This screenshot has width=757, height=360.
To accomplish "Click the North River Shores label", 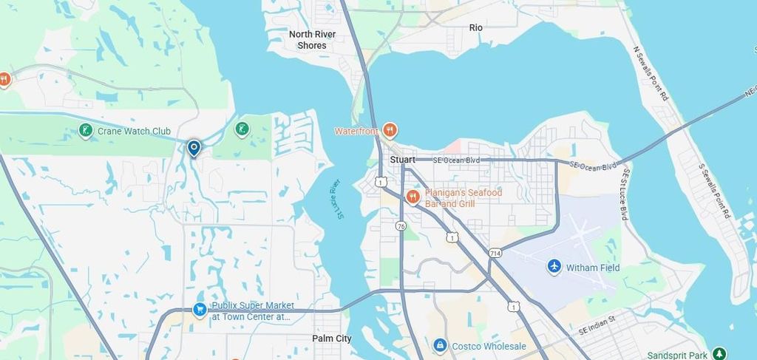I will point(312,40).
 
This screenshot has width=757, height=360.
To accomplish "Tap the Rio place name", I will point(475,27).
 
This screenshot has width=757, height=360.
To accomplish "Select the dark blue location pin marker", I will point(194,149).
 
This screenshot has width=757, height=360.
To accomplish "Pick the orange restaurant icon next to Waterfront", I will point(390,131).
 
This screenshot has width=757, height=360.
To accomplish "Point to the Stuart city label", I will point(403,160).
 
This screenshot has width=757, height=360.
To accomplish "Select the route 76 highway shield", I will point(400,225).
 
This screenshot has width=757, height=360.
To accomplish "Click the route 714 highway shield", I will point(495,253).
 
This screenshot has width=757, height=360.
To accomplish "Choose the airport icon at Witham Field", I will point(554,266).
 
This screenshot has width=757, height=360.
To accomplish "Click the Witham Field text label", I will point(594,268).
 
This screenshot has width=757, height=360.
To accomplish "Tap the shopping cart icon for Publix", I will point(200,310).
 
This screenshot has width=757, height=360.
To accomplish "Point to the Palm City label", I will point(332,339).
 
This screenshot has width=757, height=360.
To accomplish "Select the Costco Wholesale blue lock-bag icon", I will point(440,345).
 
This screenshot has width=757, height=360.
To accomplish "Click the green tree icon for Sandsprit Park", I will point(719,355).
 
